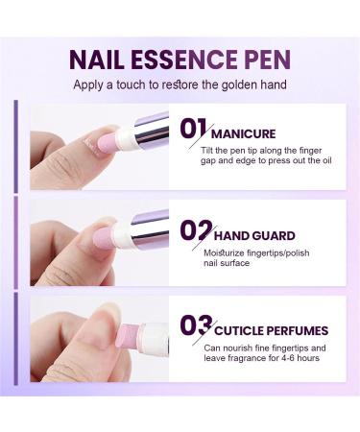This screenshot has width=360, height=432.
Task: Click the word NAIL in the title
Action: point(98,60)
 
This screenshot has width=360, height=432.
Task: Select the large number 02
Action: point(195,230)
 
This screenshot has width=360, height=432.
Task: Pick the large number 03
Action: point(195,324)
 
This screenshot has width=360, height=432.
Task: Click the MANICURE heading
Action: point(244,133)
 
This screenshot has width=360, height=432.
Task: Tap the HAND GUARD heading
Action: point(253,235)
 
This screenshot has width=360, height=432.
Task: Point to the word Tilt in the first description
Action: point(209,151)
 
